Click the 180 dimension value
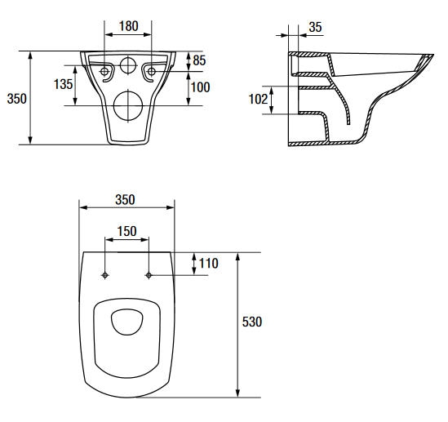[x=129, y=26]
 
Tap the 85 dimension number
[x=199, y=60]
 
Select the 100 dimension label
[x=200, y=87]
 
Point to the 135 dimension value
[x=63, y=84]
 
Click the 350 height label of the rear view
[x=17, y=99]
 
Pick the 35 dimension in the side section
[x=316, y=27]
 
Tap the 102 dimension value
[x=258, y=99]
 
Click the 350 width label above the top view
[x=125, y=200]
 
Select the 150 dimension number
[x=126, y=231]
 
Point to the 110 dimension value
[x=209, y=263]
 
